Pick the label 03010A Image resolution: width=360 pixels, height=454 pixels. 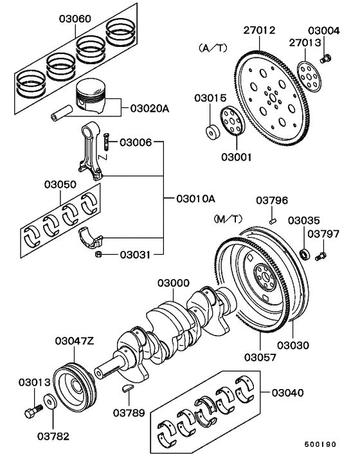[x=196, y=198]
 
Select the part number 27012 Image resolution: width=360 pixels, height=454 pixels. [x=260, y=30]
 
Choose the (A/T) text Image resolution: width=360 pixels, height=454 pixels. [x=212, y=48]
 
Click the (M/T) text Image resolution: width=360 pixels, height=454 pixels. [x=228, y=219]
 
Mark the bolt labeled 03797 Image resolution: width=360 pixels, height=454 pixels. [x=322, y=257]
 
